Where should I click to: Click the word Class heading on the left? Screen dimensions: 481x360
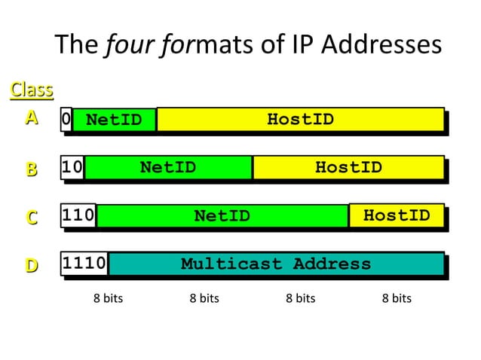31,90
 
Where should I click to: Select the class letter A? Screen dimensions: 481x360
31,118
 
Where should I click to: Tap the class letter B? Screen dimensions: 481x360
31,169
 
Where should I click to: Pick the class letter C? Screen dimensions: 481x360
31,217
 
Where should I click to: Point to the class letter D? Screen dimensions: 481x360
31,265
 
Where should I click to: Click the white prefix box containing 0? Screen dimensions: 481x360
66,119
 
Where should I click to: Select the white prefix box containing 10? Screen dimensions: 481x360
72,167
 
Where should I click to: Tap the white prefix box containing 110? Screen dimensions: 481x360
78,215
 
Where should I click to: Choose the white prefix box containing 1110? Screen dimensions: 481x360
84,264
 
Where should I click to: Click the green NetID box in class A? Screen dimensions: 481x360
114,119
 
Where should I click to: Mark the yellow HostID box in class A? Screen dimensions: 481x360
300,119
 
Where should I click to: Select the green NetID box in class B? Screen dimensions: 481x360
167,167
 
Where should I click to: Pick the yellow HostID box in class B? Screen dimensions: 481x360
348,167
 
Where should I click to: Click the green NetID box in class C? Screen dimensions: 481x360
222,215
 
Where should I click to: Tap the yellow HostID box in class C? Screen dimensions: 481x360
397,215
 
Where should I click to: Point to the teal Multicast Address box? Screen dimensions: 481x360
276,264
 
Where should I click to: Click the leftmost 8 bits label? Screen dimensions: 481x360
108,298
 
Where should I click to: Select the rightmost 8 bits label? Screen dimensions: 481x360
397,298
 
